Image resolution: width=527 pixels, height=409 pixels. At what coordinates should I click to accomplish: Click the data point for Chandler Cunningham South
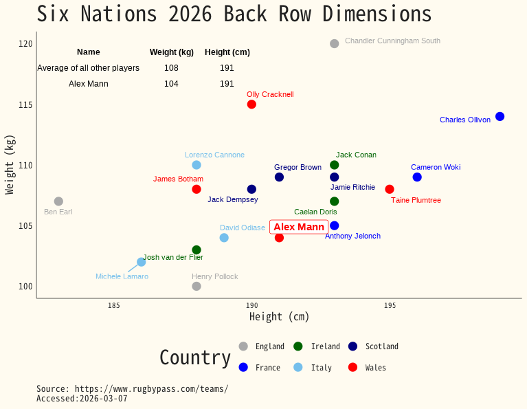click(334, 44)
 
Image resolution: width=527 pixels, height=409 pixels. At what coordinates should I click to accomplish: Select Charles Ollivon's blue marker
click(500, 116)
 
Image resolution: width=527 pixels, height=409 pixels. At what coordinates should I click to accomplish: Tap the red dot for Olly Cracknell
click(251, 104)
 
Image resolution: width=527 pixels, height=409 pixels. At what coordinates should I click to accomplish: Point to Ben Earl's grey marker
click(58, 201)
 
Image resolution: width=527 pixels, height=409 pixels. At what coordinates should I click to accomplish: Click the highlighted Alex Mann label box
click(299, 227)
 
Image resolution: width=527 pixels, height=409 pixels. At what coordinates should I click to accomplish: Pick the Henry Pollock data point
click(197, 286)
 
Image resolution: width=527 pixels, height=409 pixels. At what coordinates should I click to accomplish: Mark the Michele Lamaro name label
click(122, 276)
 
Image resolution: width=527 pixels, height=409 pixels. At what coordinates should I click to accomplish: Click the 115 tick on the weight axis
click(25, 104)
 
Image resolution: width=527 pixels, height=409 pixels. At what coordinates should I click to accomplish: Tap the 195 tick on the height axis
click(390, 305)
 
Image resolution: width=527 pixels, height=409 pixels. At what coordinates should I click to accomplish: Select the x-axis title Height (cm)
click(279, 317)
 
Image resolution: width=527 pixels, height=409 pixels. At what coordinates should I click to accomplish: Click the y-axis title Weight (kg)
click(10, 164)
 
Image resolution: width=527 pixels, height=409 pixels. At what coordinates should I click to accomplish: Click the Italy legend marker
click(298, 368)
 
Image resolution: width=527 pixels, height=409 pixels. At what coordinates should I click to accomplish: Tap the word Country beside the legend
click(195, 357)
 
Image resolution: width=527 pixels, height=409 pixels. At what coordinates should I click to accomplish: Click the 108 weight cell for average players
click(171, 68)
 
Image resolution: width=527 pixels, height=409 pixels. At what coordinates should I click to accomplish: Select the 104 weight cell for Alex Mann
click(171, 84)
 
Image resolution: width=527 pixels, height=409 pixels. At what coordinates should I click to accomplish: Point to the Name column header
click(88, 52)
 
